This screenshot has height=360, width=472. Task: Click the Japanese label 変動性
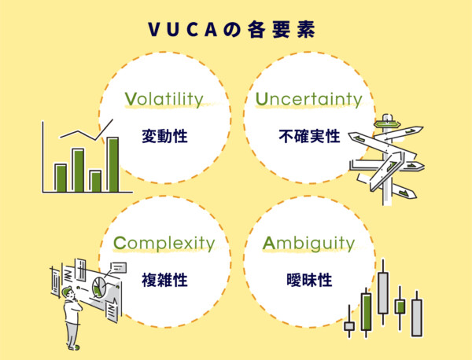(164, 136)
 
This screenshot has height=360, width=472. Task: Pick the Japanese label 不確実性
(309, 136)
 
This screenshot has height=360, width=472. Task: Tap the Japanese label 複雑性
(164, 280)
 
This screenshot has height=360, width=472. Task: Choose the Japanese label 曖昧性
(309, 280)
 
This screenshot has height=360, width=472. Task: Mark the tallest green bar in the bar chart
(112, 164)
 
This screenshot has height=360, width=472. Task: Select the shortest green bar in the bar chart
(95, 181)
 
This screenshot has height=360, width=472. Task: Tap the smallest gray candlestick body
(349, 325)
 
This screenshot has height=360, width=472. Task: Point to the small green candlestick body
(400, 304)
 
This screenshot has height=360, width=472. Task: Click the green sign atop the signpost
(385, 122)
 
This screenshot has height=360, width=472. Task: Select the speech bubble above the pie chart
(119, 267)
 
